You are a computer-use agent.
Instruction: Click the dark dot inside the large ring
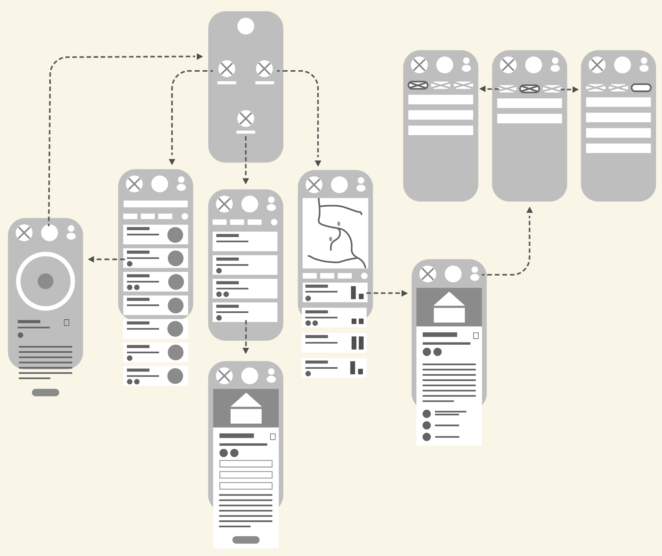(46, 281)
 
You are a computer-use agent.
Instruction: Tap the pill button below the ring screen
(46, 393)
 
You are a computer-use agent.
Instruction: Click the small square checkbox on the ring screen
(66, 323)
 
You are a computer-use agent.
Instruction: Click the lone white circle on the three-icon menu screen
(246, 26)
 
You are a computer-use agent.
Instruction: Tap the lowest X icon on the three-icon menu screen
(246, 119)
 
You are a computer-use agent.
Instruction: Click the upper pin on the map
(339, 224)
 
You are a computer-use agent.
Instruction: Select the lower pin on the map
(331, 239)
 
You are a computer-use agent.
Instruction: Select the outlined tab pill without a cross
(641, 88)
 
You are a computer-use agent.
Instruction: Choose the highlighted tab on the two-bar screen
(529, 89)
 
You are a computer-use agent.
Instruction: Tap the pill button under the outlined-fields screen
(246, 540)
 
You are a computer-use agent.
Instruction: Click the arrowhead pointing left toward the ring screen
(91, 259)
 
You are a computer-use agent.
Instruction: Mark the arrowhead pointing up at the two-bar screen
(529, 210)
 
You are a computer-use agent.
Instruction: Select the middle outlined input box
(246, 475)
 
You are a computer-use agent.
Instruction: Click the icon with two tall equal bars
(357, 343)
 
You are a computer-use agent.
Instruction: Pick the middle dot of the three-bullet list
(427, 425)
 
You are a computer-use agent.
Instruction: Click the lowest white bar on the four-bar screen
(618, 148)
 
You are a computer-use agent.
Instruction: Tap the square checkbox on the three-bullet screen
(476, 336)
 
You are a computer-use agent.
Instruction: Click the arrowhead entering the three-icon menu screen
(200, 56)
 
